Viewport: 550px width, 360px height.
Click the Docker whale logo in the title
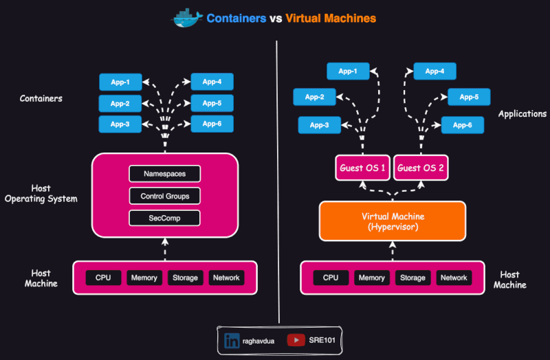(187, 19)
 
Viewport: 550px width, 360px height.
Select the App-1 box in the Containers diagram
(120, 82)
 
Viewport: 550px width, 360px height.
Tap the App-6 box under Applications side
(462, 125)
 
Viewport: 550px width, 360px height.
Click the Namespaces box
(164, 174)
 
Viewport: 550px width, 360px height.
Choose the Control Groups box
(164, 196)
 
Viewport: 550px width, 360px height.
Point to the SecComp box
(164, 218)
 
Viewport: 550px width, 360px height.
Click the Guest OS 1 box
(363, 168)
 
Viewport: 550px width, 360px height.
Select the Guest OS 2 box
(421, 168)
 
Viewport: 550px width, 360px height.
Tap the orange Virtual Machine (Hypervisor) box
(392, 221)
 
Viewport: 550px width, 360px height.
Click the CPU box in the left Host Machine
(103, 278)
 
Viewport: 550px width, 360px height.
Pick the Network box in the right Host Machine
(454, 278)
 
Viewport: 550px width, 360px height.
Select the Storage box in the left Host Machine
(185, 278)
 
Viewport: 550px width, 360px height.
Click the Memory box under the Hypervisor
(371, 278)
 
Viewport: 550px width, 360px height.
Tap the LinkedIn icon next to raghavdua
(232, 339)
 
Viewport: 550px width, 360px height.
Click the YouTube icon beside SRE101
(296, 339)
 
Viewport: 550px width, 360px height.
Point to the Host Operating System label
(41, 194)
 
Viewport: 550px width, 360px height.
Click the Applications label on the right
(522, 114)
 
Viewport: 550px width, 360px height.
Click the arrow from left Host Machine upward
(164, 249)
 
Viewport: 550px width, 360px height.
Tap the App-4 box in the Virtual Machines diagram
(434, 71)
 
